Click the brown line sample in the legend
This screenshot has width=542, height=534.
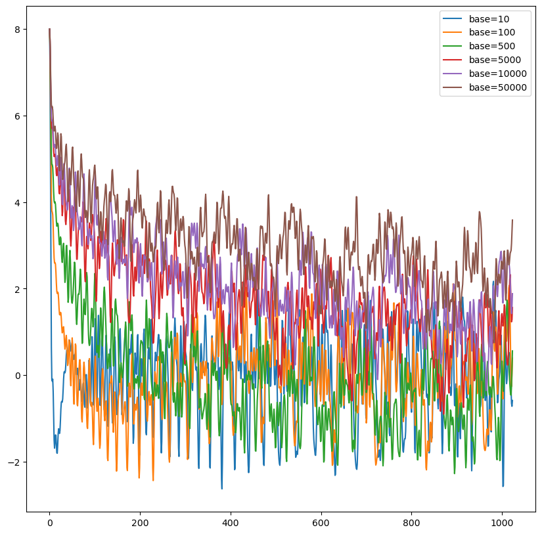(x=453, y=87)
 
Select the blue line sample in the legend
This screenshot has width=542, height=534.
(x=453, y=18)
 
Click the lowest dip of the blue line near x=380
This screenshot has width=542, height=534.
(x=221, y=489)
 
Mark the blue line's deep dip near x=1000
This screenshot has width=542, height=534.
(x=503, y=486)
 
